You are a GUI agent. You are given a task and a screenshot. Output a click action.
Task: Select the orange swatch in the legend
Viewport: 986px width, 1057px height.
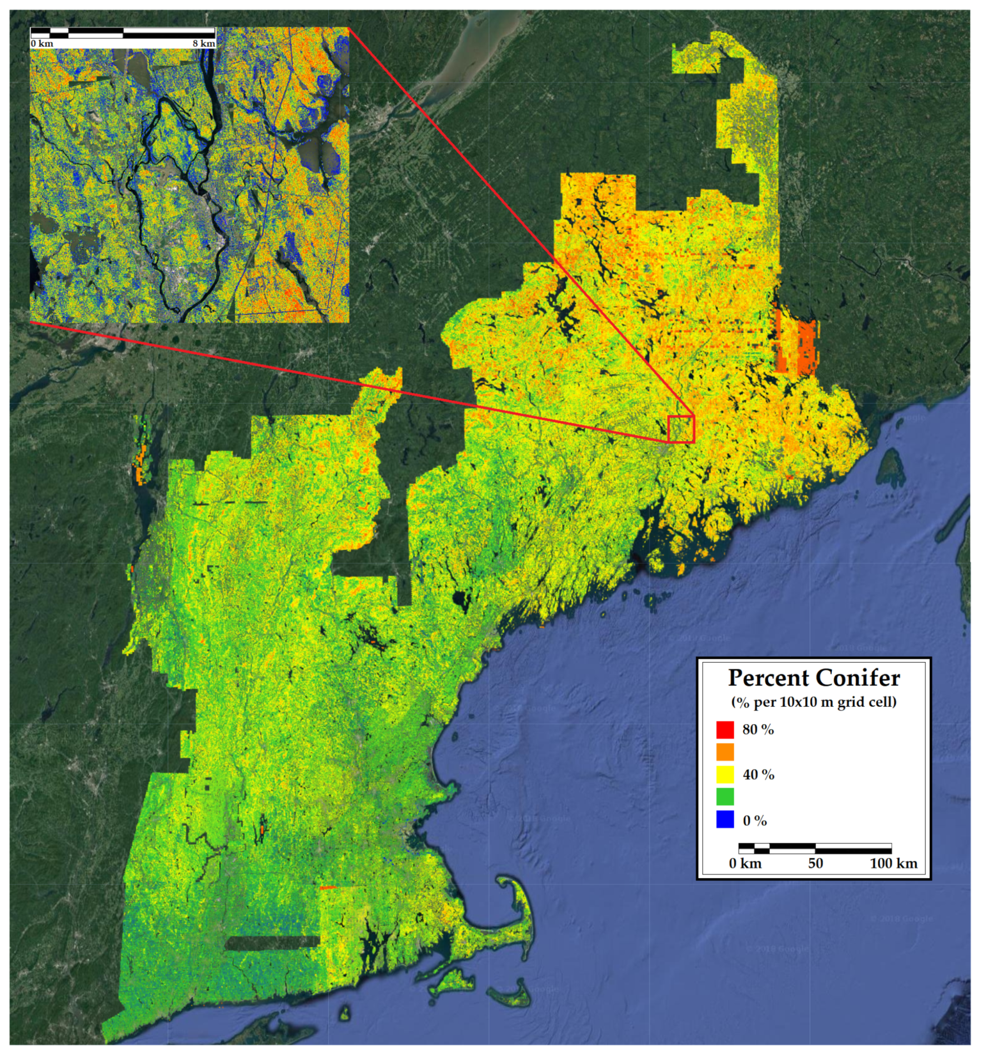(725, 752)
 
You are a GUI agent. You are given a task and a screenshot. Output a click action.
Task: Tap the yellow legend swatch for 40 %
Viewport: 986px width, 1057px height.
(725, 774)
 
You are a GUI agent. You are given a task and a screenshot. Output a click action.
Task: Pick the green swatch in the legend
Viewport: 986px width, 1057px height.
(725, 797)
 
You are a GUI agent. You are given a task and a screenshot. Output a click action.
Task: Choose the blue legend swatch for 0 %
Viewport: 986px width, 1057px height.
(725, 820)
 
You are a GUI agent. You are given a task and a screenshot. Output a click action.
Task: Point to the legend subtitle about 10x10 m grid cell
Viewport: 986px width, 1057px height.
(813, 702)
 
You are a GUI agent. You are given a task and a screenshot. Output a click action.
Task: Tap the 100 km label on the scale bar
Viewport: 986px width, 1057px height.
(893, 863)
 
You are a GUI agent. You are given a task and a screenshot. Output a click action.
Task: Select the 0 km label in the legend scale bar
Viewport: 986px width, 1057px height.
(745, 863)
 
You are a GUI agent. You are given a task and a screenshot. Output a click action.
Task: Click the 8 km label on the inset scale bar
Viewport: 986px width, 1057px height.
(203, 43)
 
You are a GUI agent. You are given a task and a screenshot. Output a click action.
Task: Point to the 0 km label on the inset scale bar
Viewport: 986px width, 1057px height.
(42, 43)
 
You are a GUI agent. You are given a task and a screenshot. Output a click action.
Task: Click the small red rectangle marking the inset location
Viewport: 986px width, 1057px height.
(681, 429)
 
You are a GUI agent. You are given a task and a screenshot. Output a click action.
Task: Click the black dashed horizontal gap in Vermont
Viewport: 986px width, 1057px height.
(230, 502)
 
